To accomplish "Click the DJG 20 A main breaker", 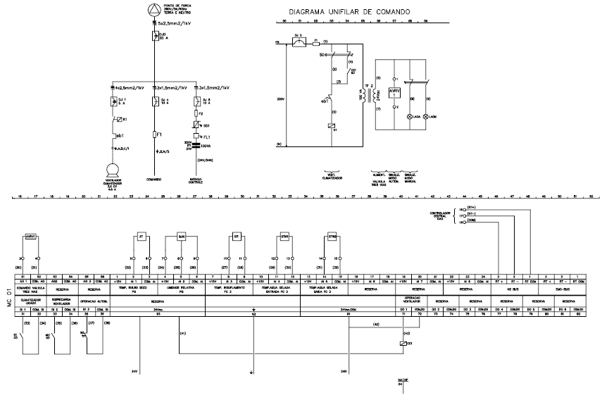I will coord(154,37).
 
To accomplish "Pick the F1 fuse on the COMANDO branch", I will coord(154,131).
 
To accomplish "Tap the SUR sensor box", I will coord(181,237).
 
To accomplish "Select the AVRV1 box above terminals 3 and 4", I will coord(30,237).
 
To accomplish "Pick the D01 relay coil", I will coord(401,343).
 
